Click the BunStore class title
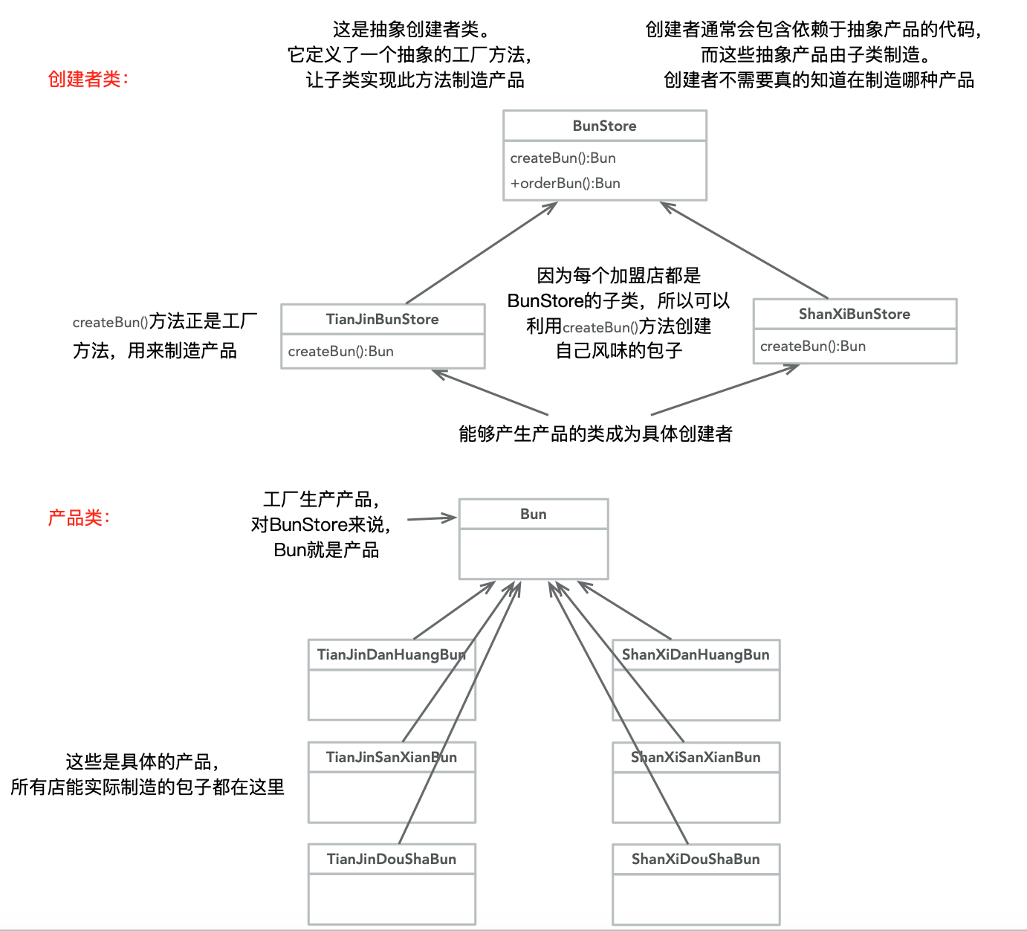[604, 126]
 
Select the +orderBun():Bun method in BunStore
[565, 183]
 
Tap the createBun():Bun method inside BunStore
[563, 158]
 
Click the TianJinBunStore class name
[382, 319]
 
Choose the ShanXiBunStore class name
[854, 314]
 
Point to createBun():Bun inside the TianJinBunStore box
[340, 351]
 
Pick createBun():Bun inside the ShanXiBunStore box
[812, 346]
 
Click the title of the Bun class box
[533, 514]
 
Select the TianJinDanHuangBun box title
[391, 654]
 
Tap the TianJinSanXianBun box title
[391, 757]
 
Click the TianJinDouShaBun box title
[391, 859]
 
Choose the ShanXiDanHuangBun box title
[696, 654]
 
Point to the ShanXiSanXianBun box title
[696, 757]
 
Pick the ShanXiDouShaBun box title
[696, 859]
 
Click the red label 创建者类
[88, 79]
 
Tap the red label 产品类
[79, 518]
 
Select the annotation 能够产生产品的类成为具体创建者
[595, 434]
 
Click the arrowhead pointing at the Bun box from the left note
[449, 518]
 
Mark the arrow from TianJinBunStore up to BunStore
[482, 253]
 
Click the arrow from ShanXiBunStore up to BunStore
[743, 250]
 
